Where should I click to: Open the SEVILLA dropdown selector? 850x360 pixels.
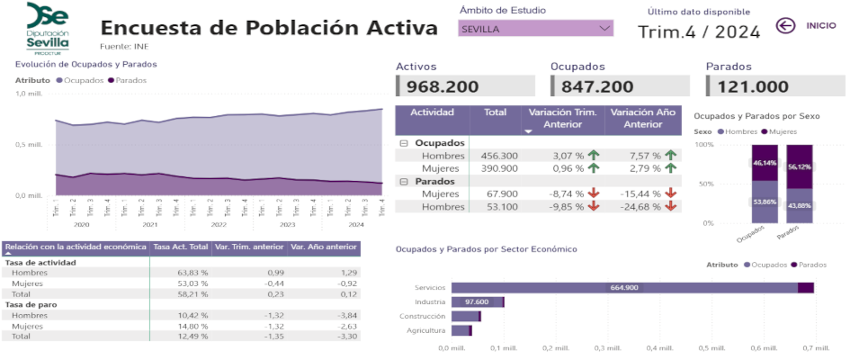point(536,29)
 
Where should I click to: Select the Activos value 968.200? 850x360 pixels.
point(443,86)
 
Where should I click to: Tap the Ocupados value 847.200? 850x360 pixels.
point(597,86)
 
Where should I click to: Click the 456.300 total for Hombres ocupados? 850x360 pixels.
point(499,156)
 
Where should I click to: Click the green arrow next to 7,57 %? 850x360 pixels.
point(671,156)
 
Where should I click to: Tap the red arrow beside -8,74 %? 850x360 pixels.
point(593,193)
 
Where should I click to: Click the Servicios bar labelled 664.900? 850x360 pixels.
point(624,287)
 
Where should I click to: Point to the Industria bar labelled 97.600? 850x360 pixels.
point(477,301)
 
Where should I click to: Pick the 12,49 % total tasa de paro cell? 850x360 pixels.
point(192,336)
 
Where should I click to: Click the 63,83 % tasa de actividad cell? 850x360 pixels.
point(192,272)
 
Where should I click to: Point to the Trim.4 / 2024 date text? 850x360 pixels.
point(699,32)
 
